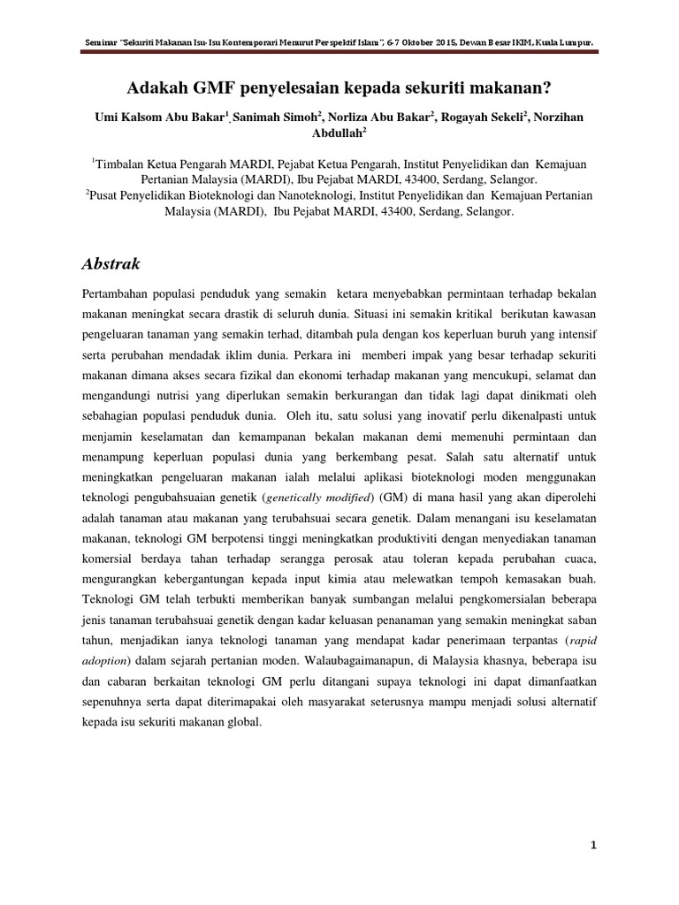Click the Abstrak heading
click(x=111, y=264)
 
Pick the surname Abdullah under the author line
click(x=339, y=133)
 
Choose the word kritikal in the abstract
click(x=472, y=313)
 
